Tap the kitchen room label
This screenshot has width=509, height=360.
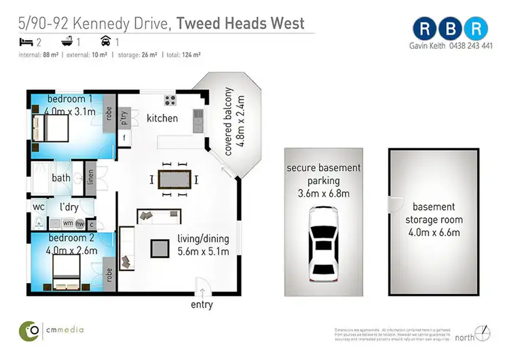click(162, 118)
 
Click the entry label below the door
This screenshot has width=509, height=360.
click(202, 304)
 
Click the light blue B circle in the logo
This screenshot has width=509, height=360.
click(451, 29)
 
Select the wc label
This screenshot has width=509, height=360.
click(38, 206)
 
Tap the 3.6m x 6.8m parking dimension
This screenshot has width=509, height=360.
click(323, 194)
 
